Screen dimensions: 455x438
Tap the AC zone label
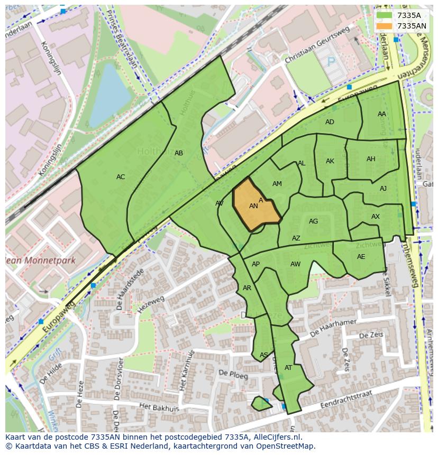point(121,177)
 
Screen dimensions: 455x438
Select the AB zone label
point(179,153)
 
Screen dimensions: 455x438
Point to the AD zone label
point(330,122)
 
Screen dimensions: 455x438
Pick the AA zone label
point(381,114)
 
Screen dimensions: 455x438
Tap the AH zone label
point(371,159)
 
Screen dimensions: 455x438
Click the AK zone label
point(330,161)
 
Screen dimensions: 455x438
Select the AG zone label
point(314,221)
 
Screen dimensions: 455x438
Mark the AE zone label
point(361,257)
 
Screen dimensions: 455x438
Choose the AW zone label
point(295,264)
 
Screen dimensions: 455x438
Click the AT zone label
point(288,368)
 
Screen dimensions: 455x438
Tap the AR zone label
point(247,288)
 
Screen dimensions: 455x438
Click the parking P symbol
point(331,62)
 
